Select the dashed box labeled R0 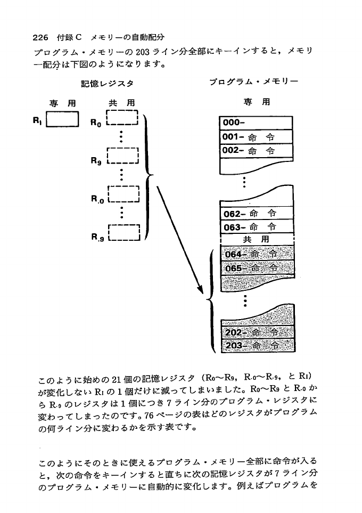tap(123, 118)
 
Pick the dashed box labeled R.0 tap(123, 194)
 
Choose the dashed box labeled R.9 tap(123, 233)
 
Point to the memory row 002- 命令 tap(257, 151)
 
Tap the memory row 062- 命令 tap(257, 214)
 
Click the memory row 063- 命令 tap(257, 227)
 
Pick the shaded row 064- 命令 tap(257, 254)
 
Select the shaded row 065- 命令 tap(257, 268)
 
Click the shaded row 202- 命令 tap(257, 333)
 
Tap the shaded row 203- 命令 tap(257, 346)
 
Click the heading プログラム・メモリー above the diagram tap(253, 82)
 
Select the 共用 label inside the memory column tap(257, 240)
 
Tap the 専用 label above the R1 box tap(63, 102)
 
